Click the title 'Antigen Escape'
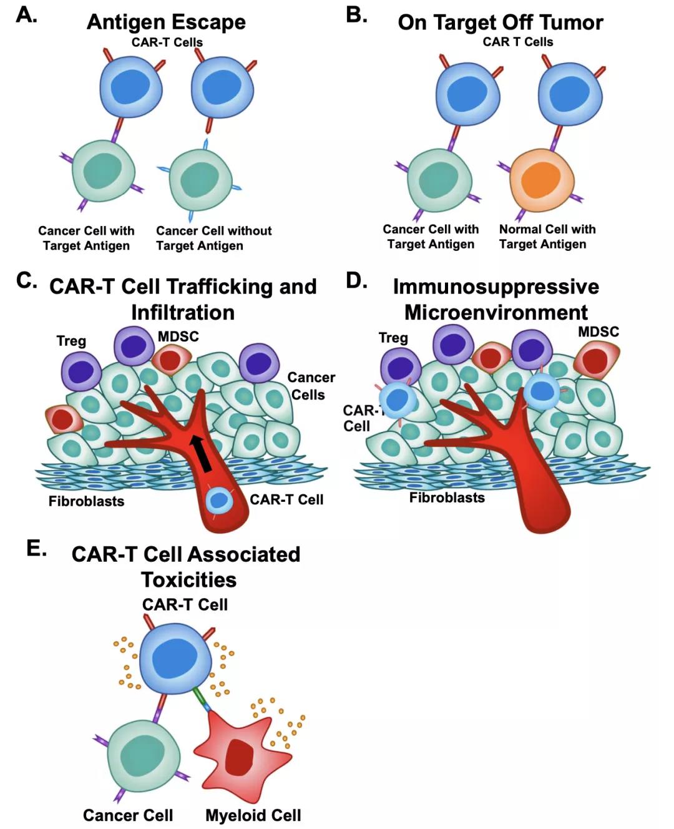click(x=166, y=22)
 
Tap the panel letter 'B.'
click(x=356, y=15)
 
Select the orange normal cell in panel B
click(x=541, y=179)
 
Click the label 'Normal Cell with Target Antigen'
click(x=547, y=237)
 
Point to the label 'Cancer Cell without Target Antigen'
click(x=213, y=238)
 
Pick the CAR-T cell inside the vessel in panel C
click(x=219, y=501)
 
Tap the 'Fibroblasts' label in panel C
click(x=86, y=501)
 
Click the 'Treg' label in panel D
click(x=393, y=338)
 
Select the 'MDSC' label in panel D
click(x=598, y=331)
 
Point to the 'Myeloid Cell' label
click(x=253, y=815)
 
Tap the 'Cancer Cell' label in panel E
click(x=127, y=815)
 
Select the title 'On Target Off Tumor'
click(x=500, y=22)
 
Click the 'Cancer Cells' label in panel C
click(x=310, y=386)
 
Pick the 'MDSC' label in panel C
click(x=178, y=336)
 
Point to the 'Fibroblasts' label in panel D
click(x=447, y=498)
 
